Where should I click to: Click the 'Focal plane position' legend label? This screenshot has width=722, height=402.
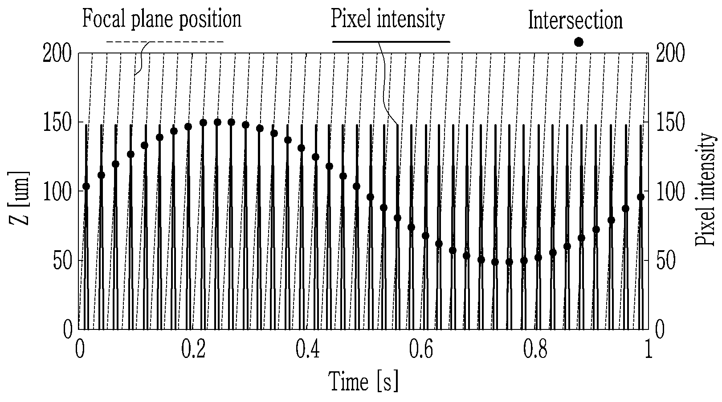click(162, 19)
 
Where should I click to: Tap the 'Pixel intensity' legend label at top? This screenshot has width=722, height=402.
click(388, 19)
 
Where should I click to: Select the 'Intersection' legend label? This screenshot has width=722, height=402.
click(575, 20)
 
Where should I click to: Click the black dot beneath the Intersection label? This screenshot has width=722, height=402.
click(579, 42)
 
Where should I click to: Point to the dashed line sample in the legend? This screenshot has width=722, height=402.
click(165, 41)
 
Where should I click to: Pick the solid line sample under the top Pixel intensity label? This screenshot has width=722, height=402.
click(391, 41)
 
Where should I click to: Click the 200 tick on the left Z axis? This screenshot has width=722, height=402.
click(57, 53)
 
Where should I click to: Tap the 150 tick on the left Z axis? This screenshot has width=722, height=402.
click(57, 123)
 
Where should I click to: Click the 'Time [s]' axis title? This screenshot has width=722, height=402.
click(363, 382)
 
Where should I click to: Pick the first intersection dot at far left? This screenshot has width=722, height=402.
click(86, 187)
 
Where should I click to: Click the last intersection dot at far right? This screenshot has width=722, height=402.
click(641, 197)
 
